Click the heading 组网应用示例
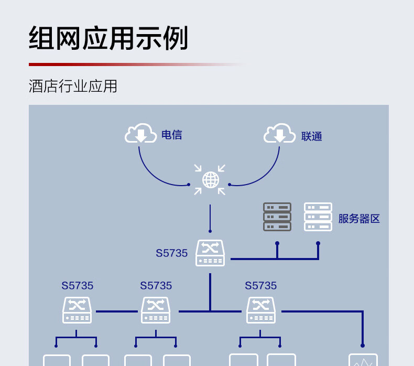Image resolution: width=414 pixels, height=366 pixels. pos(108,38)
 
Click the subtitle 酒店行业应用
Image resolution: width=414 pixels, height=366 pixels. pos(73,86)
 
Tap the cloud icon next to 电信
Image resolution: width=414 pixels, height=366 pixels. pos(140,134)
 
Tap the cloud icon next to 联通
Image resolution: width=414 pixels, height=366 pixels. pos(279,134)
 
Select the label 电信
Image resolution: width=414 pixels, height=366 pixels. pos(171,135)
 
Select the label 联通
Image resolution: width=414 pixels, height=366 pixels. pos(311,136)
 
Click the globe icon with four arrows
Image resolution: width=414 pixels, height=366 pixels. pos(210,180)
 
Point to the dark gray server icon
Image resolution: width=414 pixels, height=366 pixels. pos(277,217)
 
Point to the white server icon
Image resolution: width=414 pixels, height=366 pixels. pos(318,217)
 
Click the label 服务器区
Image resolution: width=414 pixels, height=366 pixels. pos(358,219)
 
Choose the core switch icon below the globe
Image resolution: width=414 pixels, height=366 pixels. pos(210,253)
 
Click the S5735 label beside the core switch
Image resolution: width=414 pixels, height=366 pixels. pos(171,253)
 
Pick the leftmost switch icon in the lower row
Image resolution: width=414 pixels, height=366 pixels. pos(77,310)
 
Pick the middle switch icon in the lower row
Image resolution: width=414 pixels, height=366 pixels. pos(156,310)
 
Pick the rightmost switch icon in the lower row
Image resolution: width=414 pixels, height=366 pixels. pos(261,310)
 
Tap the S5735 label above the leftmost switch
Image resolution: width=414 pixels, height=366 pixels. pos(77,286)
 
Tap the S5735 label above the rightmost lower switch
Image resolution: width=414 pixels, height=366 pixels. pos(260,286)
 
